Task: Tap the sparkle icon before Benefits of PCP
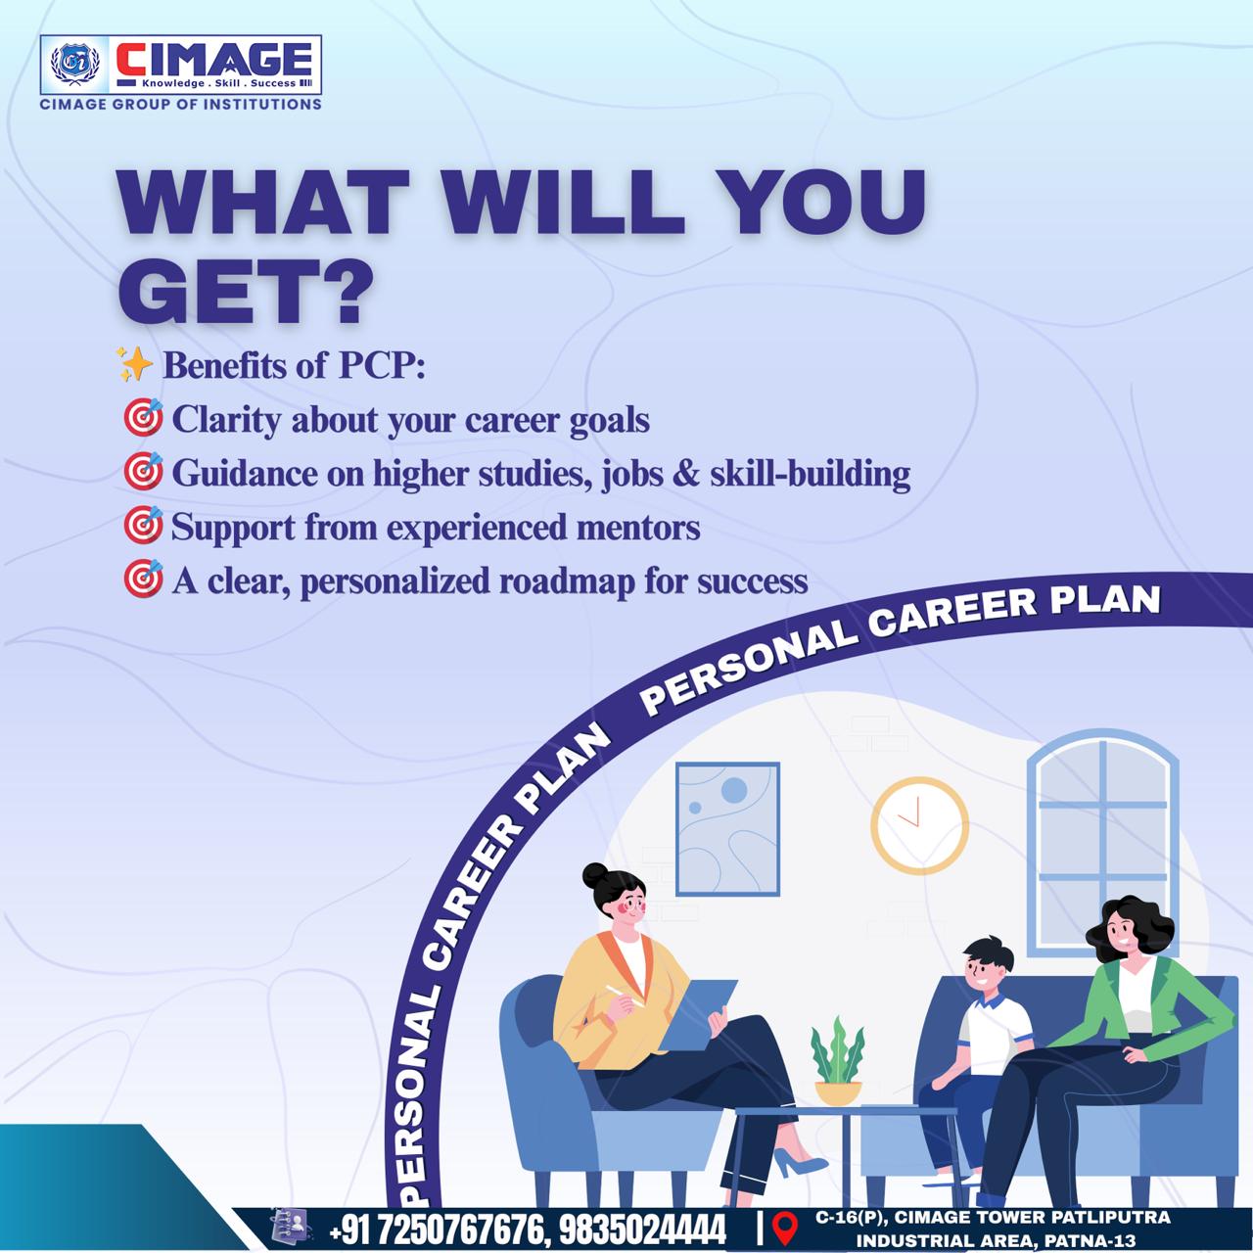(134, 364)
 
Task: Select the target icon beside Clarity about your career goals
(143, 417)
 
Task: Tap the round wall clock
(919, 825)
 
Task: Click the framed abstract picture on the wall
(727, 829)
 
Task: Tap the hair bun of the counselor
(594, 876)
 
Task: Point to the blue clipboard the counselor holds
(697, 1015)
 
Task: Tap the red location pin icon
(785, 1228)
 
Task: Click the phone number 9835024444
(642, 1229)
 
